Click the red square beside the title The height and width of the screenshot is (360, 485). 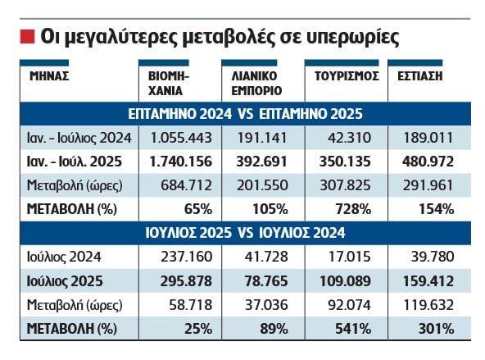27,37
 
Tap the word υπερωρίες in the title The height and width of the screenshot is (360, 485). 352,38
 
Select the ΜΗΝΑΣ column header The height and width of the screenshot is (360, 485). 49,76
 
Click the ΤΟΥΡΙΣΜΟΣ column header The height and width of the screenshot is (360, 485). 347,76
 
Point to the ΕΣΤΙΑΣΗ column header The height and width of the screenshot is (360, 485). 419,76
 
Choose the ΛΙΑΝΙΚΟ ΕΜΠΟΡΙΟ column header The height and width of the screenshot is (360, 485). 256,84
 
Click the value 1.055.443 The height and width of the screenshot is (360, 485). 181,138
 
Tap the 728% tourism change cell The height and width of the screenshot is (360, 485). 353,209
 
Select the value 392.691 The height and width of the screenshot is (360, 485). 262,162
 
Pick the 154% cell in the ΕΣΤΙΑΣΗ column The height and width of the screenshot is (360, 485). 437,209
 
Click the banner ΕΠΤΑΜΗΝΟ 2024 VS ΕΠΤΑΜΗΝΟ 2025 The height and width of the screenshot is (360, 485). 245,114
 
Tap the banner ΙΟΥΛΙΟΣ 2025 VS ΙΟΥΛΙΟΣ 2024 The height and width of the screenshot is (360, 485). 245,233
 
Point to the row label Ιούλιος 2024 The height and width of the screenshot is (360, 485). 64,257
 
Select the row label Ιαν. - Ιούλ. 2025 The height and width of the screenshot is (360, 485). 75,162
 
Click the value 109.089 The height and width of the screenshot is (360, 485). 345,281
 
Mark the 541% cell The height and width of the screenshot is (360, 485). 353,329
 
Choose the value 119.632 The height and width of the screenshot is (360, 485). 428,305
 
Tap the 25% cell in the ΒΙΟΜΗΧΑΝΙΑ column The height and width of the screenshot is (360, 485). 198,329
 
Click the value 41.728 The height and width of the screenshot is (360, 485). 266,257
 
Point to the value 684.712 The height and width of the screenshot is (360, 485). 186,185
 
